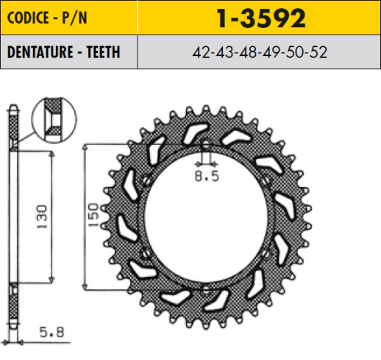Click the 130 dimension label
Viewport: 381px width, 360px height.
(x=42, y=216)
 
